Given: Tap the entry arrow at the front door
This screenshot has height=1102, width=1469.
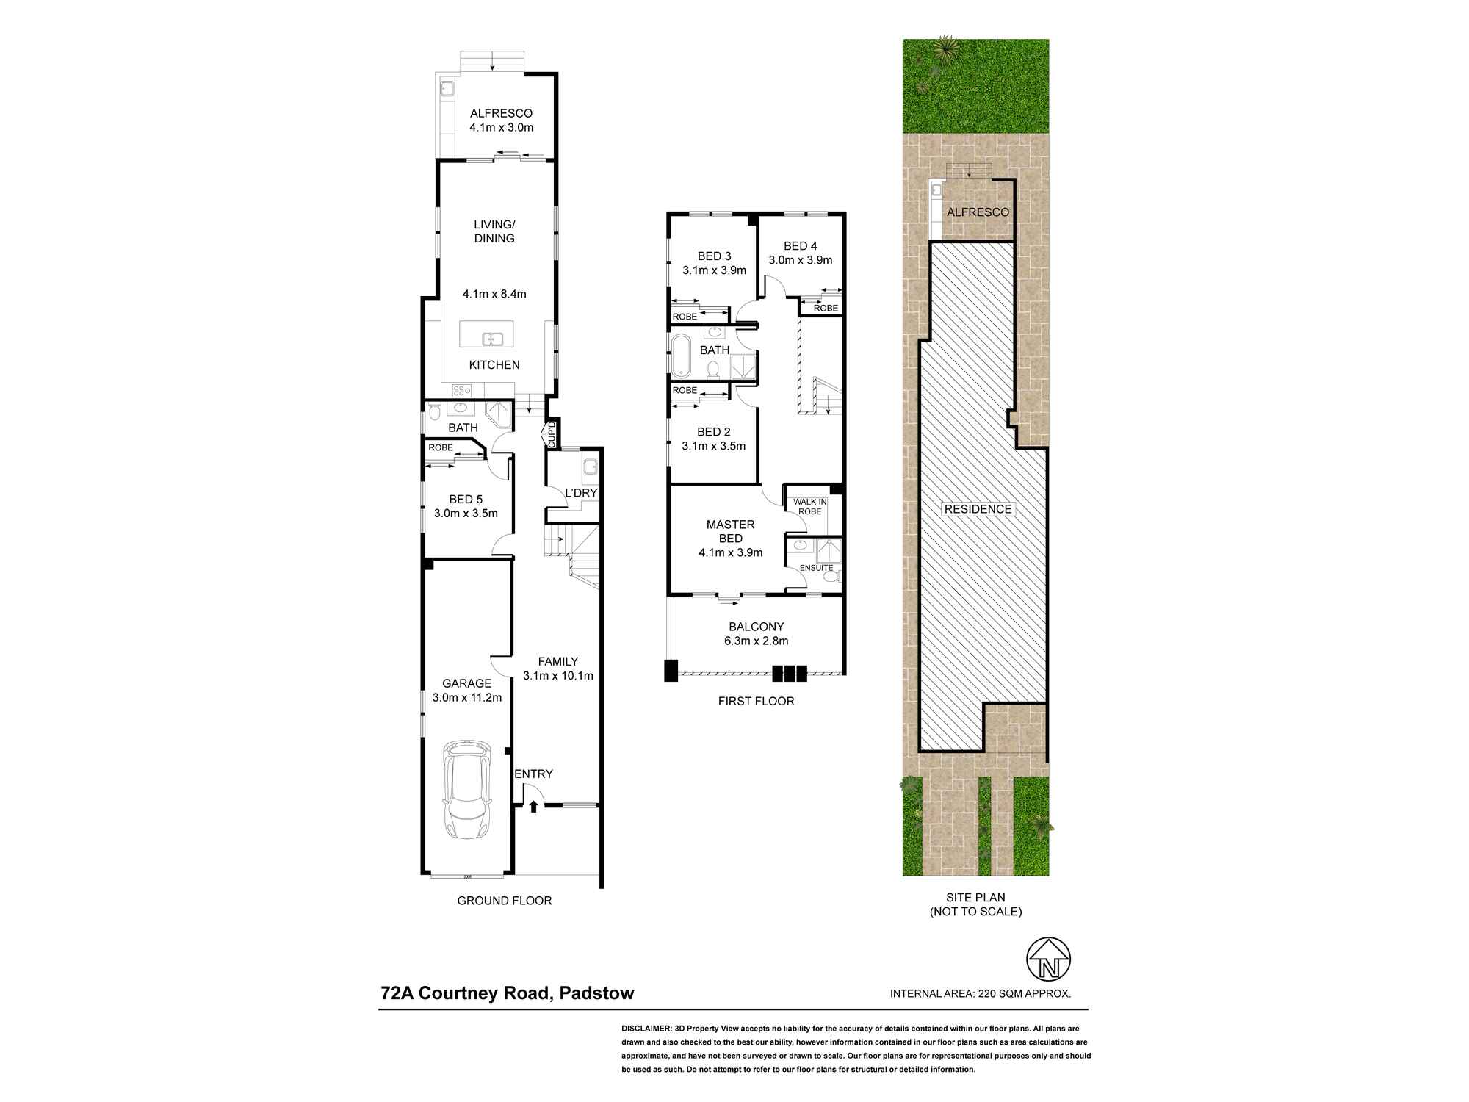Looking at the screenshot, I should point(534,806).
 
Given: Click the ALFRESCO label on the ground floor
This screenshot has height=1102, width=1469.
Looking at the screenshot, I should point(501,113).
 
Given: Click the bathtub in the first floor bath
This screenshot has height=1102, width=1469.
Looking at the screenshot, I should point(682,356).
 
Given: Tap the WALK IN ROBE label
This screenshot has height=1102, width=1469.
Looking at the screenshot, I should point(809,506).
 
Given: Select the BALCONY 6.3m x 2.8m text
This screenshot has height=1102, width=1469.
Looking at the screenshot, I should point(756,633).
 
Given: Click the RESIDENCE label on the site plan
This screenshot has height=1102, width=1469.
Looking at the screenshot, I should point(978,509).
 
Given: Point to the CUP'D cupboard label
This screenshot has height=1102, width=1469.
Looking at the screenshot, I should point(552,434).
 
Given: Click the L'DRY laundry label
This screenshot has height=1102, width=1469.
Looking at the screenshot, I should point(581,493).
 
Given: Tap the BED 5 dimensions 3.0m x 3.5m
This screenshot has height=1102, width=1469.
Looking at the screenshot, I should point(466,514).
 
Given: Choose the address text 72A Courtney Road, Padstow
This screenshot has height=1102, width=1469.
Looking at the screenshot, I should point(507,993).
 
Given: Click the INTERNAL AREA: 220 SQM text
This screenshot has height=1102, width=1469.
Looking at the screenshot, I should point(980,993).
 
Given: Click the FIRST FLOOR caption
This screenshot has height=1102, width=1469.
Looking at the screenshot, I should point(756,701).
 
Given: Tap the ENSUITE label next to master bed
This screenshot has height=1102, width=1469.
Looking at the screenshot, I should point(816,568).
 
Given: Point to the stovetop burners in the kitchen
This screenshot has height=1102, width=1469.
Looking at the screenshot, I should point(461,391).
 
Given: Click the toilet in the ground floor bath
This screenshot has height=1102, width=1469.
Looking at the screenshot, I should point(434,414).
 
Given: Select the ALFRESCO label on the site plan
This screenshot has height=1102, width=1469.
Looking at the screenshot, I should point(978,212).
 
